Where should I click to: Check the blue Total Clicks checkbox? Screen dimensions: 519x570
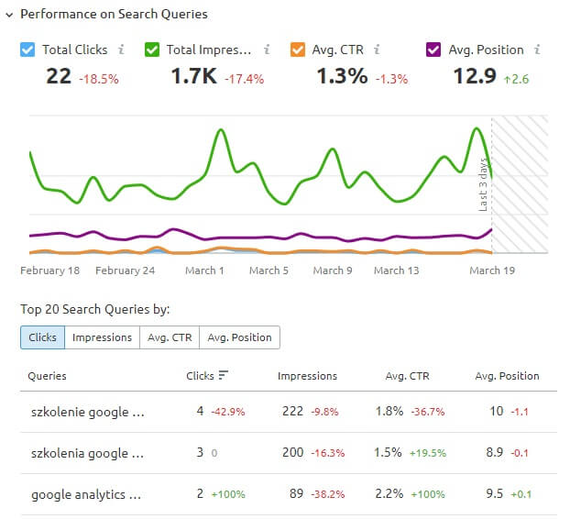tap(27, 50)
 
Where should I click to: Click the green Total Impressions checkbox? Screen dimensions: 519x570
tap(152, 50)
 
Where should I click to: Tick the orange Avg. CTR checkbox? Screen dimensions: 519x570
tap(297, 50)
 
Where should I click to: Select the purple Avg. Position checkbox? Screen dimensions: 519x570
tap(435, 50)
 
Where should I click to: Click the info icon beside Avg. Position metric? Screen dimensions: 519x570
tap(537, 50)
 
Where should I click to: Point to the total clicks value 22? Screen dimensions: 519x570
tap(59, 76)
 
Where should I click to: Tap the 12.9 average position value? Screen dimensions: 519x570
tap(475, 76)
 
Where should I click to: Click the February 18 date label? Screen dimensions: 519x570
tap(50, 271)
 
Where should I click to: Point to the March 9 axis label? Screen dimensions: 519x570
tap(333, 271)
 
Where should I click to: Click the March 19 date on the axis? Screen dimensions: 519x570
tap(492, 271)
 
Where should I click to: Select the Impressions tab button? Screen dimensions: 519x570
tap(102, 337)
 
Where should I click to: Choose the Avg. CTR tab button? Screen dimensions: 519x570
tap(170, 337)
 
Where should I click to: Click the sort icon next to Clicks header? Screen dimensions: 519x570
tap(223, 376)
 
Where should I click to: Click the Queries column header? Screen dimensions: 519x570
tap(47, 376)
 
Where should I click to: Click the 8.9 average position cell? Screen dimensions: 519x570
tap(495, 453)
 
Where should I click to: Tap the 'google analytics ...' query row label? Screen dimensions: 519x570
tap(86, 495)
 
